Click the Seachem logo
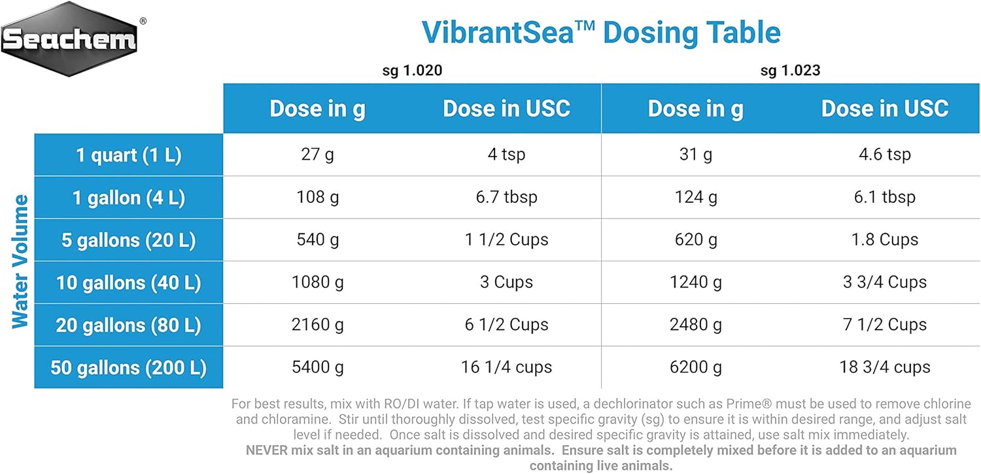pos(70,39)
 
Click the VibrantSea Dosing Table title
pos(601,33)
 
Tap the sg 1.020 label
pos(412,70)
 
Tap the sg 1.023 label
pos(790,70)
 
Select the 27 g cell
pos(318,155)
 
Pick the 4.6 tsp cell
pos(885,155)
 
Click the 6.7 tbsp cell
pos(507,197)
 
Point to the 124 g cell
pos(696,197)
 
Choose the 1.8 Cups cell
pos(885,240)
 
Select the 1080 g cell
pos(318,282)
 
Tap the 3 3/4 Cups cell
pos(885,282)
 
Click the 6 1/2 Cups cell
pos(507,325)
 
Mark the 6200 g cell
pos(696,367)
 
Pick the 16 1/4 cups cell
pos(507,367)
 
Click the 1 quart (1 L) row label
pos(129,155)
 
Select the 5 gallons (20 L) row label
pos(129,240)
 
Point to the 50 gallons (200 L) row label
pos(129,368)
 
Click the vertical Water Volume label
pos(20,261)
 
